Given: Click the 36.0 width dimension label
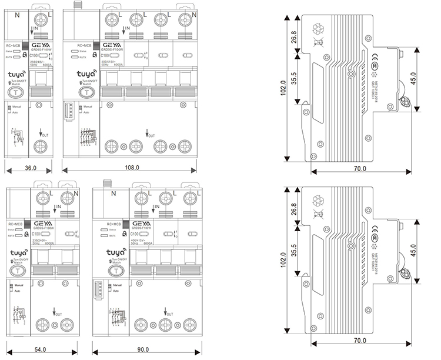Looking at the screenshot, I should (31, 168).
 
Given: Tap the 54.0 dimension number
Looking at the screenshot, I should (40, 350).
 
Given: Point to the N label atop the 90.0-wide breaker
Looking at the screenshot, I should (113, 194).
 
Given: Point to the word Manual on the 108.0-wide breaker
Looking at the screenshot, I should (88, 107).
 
